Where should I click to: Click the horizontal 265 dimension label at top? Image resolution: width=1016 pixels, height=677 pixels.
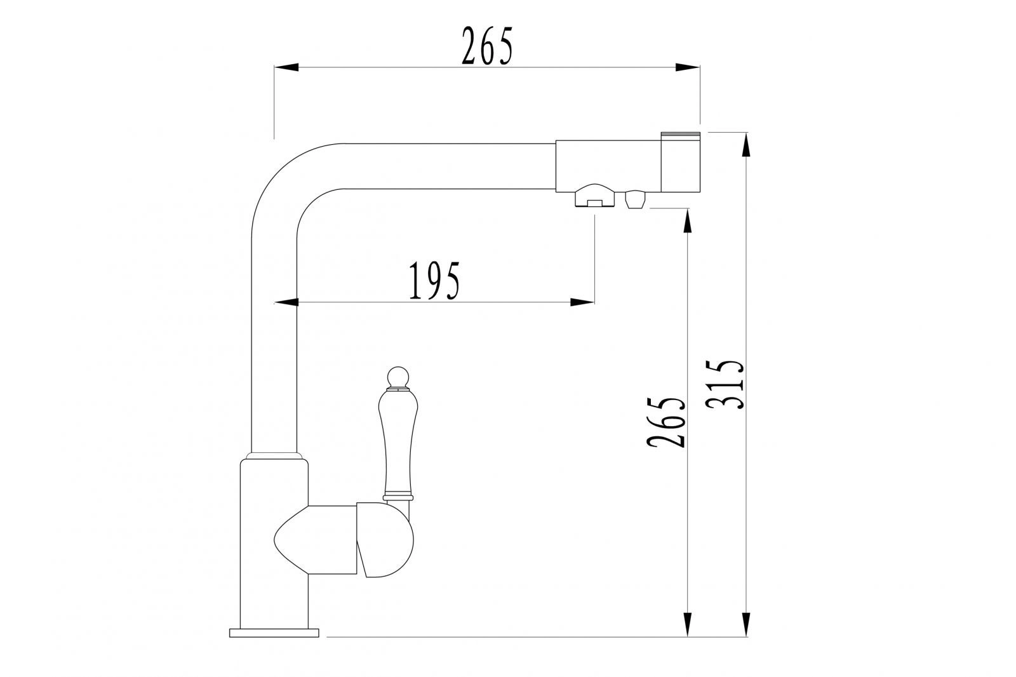pyautogui.click(x=487, y=46)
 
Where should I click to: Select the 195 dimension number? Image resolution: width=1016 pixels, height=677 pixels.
pyautogui.click(x=434, y=281)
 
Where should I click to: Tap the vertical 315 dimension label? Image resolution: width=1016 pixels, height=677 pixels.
pyautogui.click(x=725, y=385)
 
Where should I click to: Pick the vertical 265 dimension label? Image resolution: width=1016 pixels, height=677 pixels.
pyautogui.click(x=666, y=422)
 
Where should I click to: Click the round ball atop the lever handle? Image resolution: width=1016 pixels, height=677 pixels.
pyautogui.click(x=399, y=377)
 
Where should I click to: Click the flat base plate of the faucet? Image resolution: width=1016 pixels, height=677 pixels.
pyautogui.click(x=274, y=633)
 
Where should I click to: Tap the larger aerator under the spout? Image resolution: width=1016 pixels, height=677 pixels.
pyautogui.click(x=594, y=196)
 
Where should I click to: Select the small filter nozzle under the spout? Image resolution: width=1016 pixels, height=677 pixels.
pyautogui.click(x=635, y=199)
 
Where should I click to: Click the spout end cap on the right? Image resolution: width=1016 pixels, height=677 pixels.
pyautogui.click(x=680, y=162)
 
